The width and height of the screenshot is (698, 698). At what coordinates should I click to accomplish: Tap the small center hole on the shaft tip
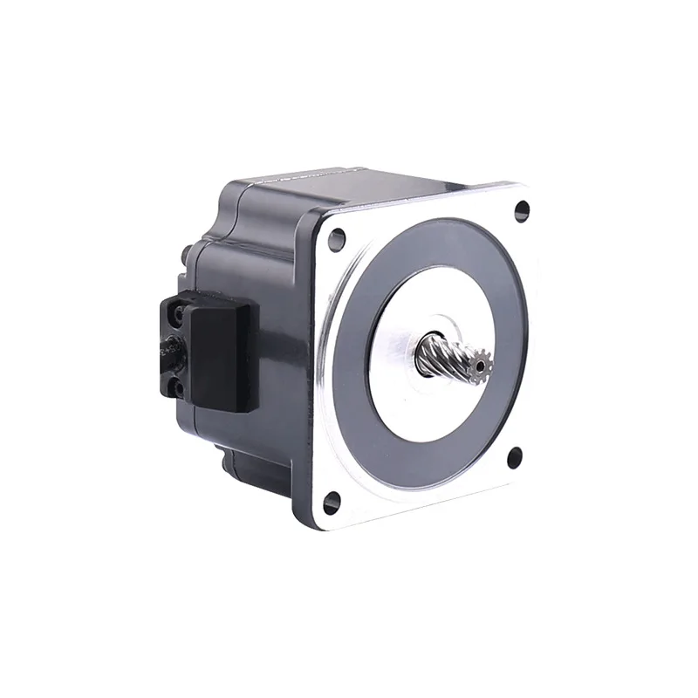click(478, 362)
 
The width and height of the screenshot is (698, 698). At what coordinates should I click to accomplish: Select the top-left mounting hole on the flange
click(336, 236)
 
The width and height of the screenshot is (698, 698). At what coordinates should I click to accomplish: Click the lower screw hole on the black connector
click(180, 384)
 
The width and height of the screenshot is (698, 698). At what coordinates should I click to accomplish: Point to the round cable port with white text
click(168, 346)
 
